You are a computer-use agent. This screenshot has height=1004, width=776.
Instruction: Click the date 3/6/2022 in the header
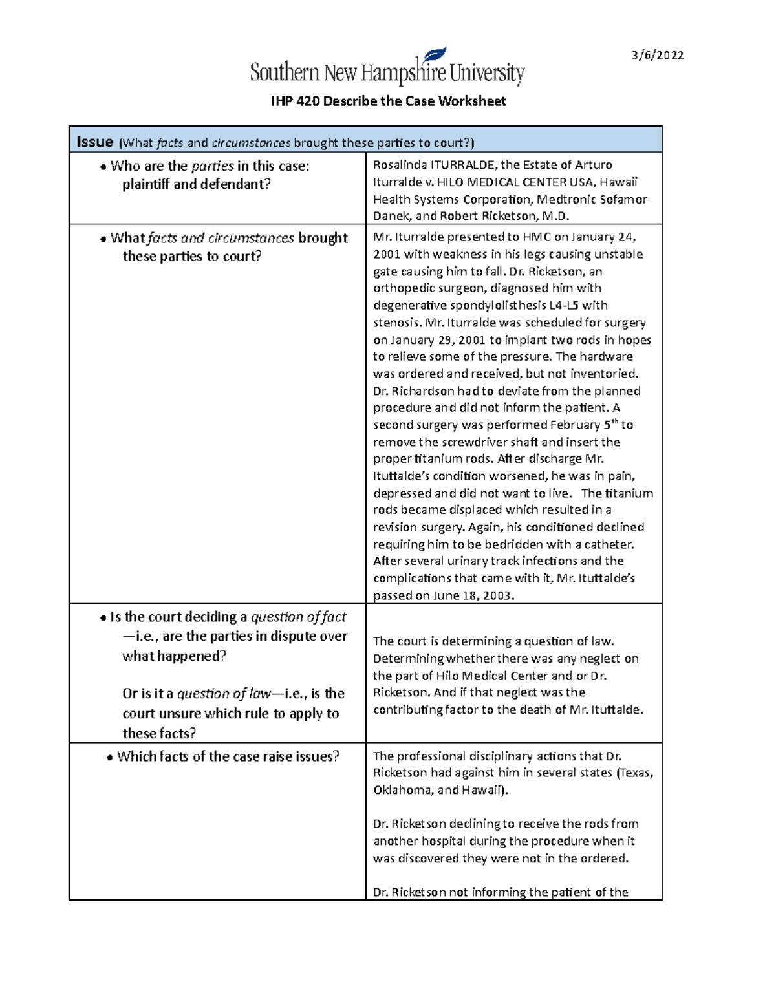(658, 56)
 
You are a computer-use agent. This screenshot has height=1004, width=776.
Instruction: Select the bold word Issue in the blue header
(94, 142)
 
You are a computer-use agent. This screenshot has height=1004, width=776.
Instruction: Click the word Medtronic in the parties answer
(562, 199)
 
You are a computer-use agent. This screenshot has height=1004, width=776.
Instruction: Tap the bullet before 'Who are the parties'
(103, 167)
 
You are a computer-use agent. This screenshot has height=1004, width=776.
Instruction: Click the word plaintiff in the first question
(146, 184)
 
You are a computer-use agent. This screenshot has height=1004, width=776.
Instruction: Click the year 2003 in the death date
(497, 596)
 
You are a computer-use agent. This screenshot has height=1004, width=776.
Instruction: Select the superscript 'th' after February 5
(614, 422)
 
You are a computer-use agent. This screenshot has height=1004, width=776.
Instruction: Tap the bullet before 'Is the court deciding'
(103, 619)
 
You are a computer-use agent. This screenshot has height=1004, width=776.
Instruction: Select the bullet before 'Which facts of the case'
(109, 758)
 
